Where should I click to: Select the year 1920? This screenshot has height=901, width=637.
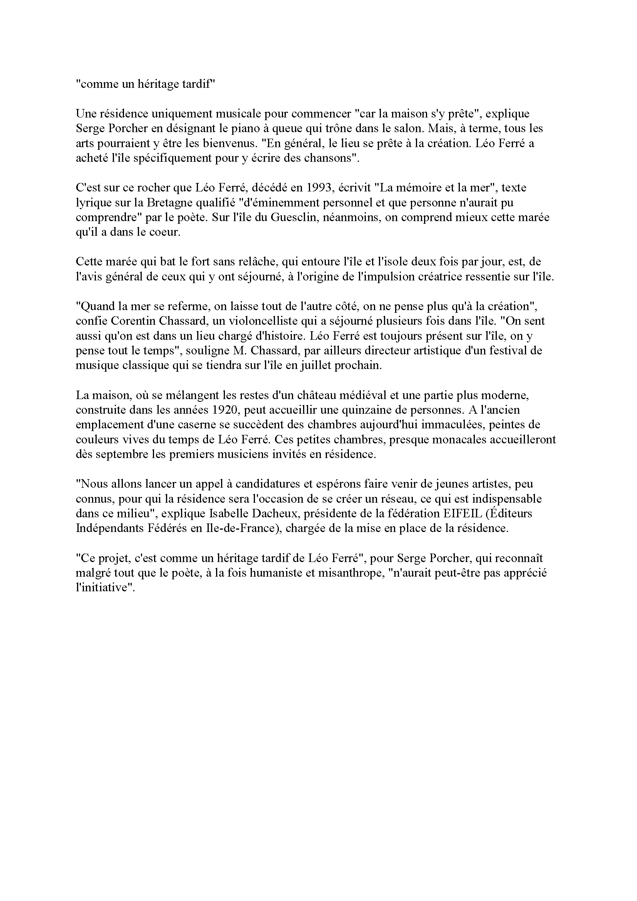(226, 410)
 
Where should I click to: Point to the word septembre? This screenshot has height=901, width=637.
(121, 455)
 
